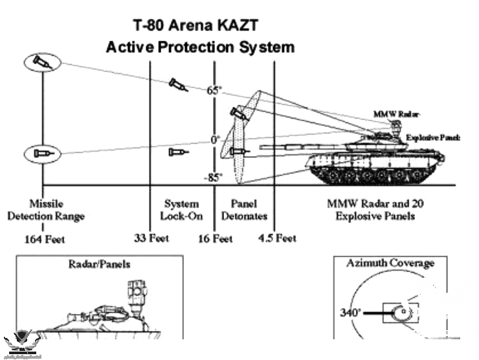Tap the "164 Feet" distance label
(x=45, y=239)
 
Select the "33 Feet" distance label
(x=151, y=238)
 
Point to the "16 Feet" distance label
(x=216, y=238)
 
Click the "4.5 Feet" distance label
(x=276, y=238)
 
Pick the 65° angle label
(x=214, y=91)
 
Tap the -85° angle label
(x=214, y=177)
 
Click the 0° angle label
(x=215, y=139)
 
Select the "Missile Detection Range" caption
(x=45, y=210)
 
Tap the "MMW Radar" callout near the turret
(x=388, y=114)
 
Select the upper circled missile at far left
(x=42, y=63)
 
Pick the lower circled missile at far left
(x=42, y=154)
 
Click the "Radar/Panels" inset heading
(x=98, y=264)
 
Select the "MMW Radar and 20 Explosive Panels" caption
(x=375, y=210)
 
